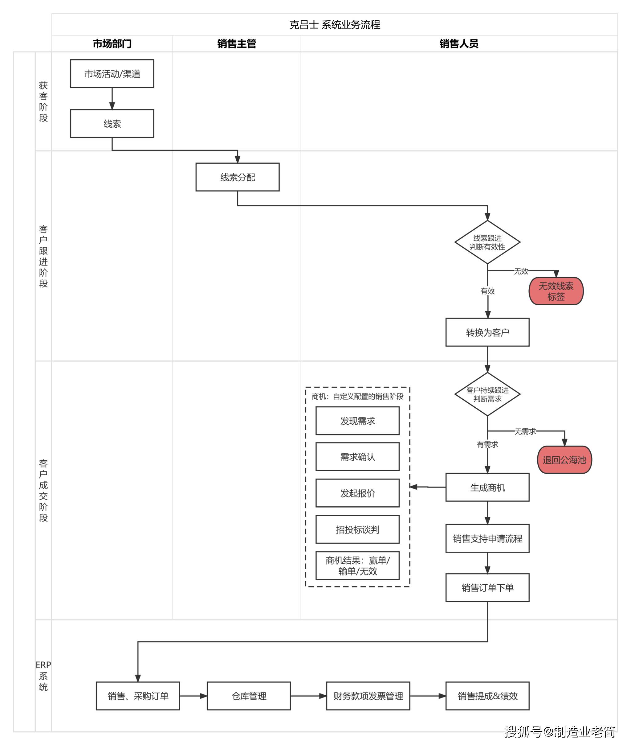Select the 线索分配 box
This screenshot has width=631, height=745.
tap(237, 177)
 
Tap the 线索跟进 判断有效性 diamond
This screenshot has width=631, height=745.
tap(487, 242)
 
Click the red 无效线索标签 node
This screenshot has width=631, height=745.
tap(556, 291)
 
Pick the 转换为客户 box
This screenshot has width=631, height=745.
tap(487, 333)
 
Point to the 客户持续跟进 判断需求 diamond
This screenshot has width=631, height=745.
tap(487, 394)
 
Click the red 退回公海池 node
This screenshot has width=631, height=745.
tap(564, 460)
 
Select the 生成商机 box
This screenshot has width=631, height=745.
tap(487, 488)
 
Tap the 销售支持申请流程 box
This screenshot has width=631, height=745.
tap(487, 538)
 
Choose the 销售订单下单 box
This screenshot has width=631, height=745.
tap(487, 588)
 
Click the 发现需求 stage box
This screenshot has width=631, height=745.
tap(357, 421)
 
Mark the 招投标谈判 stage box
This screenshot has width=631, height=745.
tap(357, 529)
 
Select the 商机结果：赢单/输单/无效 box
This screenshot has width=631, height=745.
tap(357, 566)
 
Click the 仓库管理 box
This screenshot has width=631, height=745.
tap(249, 696)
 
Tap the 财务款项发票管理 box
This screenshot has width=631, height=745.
tap(368, 696)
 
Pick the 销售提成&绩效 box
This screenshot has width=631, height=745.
tap(487, 696)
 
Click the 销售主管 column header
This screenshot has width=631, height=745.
tap(237, 44)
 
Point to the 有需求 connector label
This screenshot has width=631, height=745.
tap(487, 444)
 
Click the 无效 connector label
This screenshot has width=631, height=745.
tap(521, 271)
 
